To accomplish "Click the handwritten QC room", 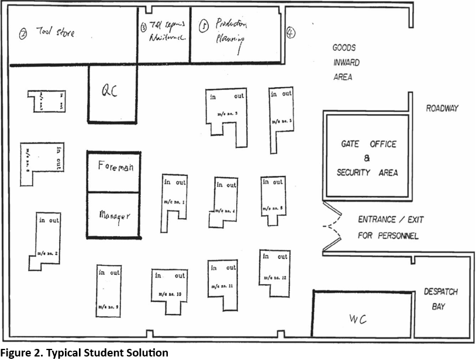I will [112, 94].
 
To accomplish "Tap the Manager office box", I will [113, 214].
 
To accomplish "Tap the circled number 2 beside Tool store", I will [23, 33].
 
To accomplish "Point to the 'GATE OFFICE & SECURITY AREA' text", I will [367, 158].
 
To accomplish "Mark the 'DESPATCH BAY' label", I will [441, 298].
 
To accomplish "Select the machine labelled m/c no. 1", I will [174, 202].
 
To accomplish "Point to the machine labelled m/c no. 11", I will [223, 283].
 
